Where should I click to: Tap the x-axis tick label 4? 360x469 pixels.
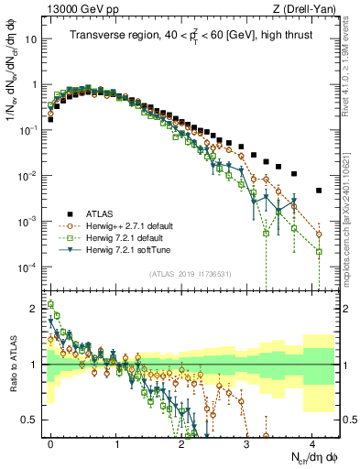312,442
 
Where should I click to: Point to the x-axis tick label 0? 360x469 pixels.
51,442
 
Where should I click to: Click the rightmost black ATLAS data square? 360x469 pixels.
319,191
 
